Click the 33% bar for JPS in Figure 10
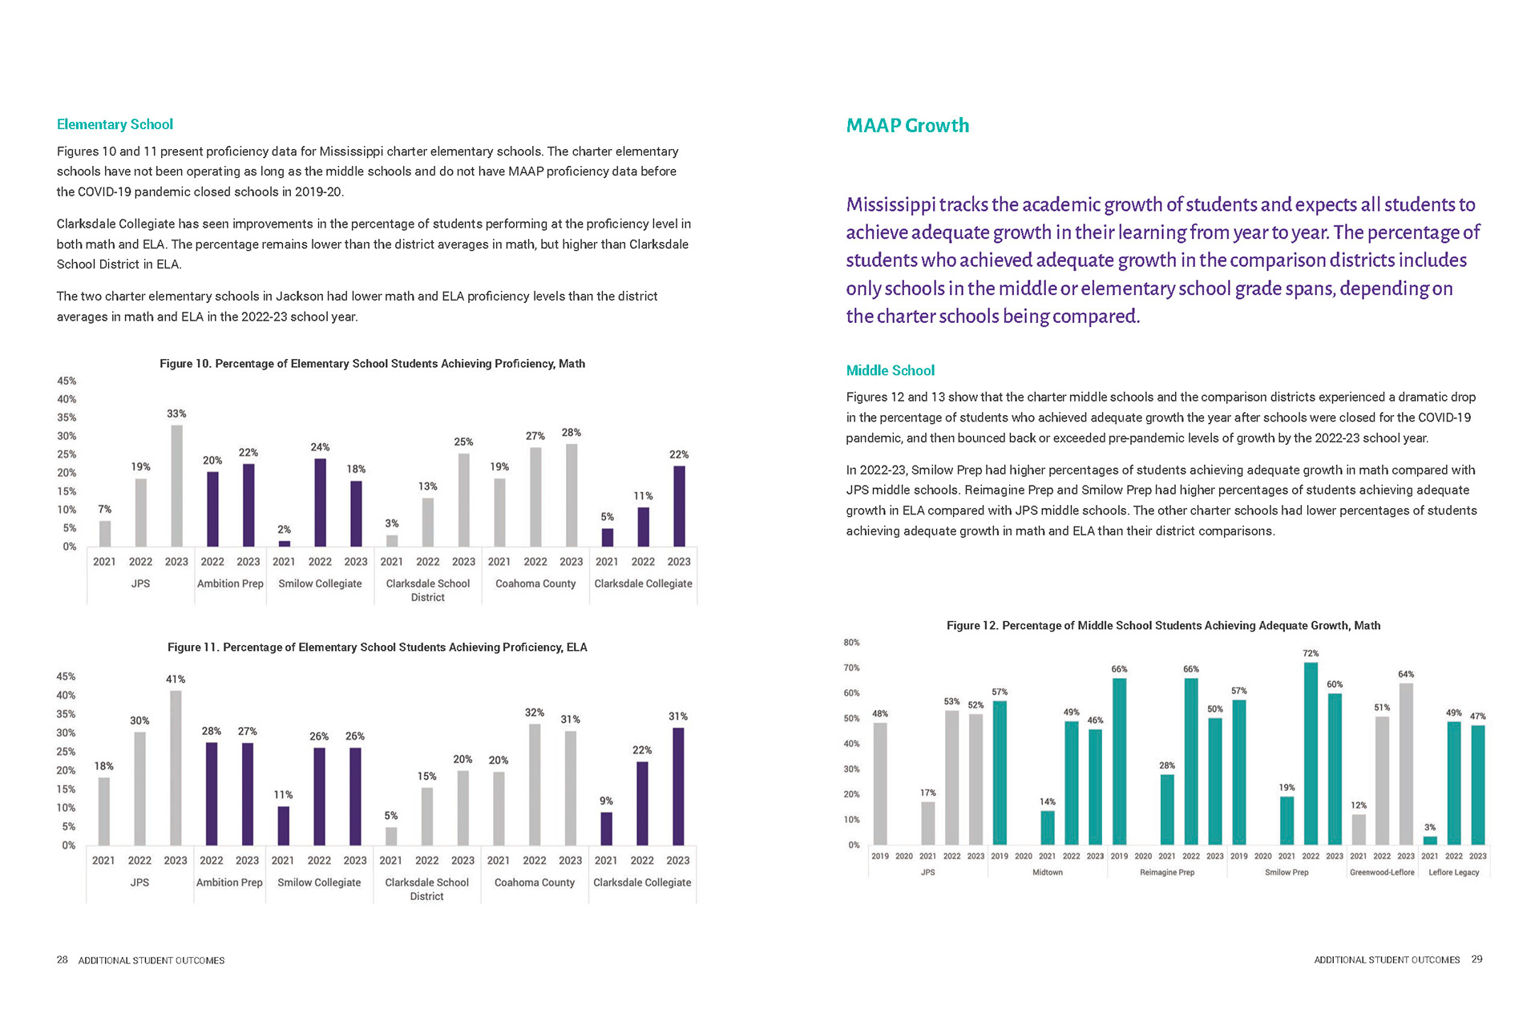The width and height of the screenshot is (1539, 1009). tap(176, 486)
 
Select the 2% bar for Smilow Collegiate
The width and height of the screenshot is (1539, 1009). tap(285, 543)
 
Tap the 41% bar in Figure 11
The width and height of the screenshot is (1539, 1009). tap(176, 768)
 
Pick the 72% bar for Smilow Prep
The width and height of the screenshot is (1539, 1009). tap(1311, 753)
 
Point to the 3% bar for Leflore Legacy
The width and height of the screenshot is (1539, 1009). tap(1430, 840)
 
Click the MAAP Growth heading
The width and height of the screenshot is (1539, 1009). tap(907, 126)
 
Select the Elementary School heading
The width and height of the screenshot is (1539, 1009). tap(115, 124)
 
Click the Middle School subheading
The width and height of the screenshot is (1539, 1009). tap(890, 370)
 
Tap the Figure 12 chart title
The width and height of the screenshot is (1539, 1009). tap(1163, 625)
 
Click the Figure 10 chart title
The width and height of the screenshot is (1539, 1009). tap(372, 364)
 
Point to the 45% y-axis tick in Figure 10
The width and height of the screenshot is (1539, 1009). tap(67, 381)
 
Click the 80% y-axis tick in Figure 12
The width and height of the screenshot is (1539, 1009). tap(851, 642)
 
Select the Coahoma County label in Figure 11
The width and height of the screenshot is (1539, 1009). tap(535, 882)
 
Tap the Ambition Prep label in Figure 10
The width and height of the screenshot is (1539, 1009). tap(230, 583)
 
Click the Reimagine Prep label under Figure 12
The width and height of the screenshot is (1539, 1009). tap(1167, 872)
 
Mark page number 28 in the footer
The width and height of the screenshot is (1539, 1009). tap(62, 960)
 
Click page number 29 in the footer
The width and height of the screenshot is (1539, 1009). tap(1477, 959)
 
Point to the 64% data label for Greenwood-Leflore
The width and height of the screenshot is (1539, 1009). tap(1406, 674)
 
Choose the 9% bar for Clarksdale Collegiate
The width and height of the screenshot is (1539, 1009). tap(606, 829)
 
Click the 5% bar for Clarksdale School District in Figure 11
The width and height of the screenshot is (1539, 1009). tap(391, 836)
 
